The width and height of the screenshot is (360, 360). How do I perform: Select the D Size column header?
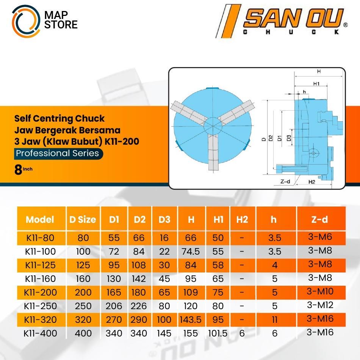coord(83,219)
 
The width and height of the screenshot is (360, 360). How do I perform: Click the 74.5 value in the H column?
coord(191,252)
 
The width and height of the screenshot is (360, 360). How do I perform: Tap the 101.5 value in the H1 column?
coord(218,333)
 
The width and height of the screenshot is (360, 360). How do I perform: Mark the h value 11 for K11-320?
coord(275,319)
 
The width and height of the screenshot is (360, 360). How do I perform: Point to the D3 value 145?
coord(164,333)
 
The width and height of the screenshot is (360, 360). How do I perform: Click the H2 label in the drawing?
coord(311,182)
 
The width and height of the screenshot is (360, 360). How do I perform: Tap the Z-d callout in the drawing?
coord(285,182)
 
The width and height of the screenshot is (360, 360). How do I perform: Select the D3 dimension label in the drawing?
coord(289,138)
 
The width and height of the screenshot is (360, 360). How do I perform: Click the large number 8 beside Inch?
coord(18,170)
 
